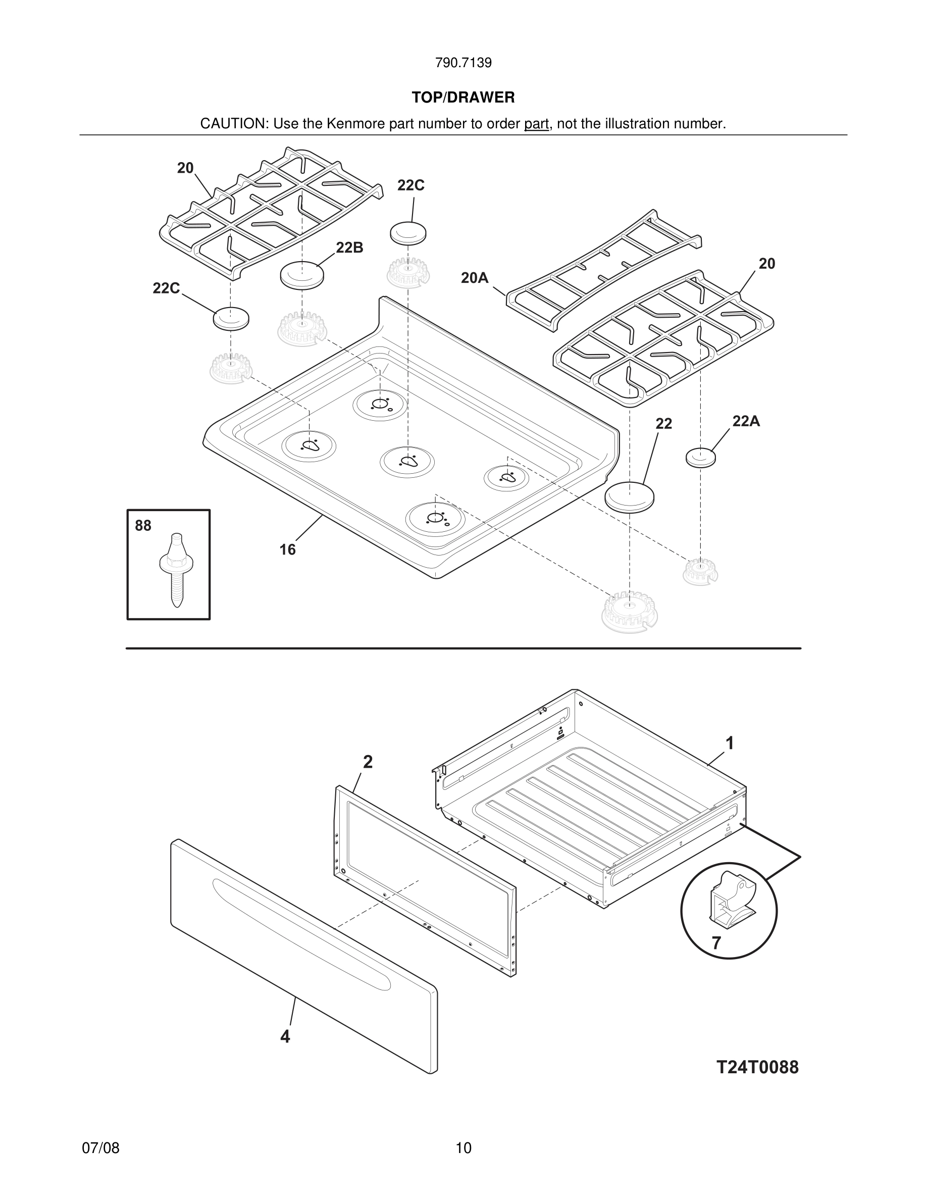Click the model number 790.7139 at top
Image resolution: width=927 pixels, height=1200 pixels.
pos(463,63)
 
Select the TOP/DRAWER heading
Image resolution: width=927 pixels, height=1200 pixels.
pos(463,97)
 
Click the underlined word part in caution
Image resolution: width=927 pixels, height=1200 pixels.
pos(536,124)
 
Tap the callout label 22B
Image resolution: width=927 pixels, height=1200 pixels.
pos(349,248)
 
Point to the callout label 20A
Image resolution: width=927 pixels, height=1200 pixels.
pos(475,278)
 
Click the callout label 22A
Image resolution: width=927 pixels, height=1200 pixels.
pos(746,421)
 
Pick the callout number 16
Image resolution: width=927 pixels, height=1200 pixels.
pos(287,549)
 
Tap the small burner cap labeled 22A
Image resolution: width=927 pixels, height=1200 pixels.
pos(701,457)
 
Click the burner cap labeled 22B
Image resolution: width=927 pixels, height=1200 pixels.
pos(301,274)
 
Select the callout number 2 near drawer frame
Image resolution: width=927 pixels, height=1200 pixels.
pos(368,762)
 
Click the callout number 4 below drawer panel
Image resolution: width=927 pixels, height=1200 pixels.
pos(285,1036)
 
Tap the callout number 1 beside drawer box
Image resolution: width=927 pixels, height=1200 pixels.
pos(729,743)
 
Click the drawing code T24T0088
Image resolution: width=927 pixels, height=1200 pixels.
pos(757,1067)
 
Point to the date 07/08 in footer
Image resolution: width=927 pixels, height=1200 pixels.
pos(100,1148)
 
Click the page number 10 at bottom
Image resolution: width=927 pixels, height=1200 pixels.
pos(463,1148)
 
